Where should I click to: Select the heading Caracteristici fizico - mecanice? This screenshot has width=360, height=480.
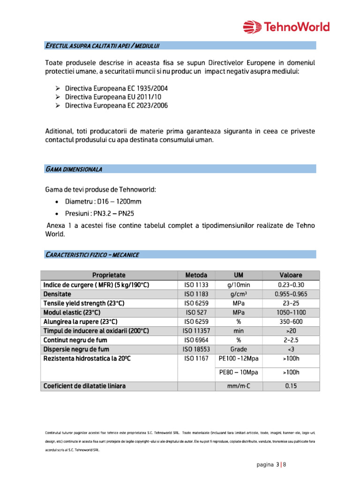coord(92,255)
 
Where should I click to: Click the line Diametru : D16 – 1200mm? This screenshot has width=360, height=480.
coord(103,202)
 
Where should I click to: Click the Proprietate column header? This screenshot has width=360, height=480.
coord(109,275)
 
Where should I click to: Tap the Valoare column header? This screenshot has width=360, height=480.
coord(291,275)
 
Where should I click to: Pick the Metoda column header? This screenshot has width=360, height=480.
coord(196,275)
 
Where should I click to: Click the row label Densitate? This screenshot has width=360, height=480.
coord(58,294)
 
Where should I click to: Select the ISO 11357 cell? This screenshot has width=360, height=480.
coord(196,331)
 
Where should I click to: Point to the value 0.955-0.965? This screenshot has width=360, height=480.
coord(291,294)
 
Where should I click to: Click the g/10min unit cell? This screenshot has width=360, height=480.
coord(238,285)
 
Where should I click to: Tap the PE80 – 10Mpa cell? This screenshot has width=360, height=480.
coord(238,373)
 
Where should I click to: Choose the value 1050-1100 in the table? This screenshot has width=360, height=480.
coord(291,312)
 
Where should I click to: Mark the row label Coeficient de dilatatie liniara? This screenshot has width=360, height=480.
coord(84,386)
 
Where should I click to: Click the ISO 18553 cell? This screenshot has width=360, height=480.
coord(196,349)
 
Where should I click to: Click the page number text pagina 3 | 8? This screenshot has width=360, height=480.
coord(271,465)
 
